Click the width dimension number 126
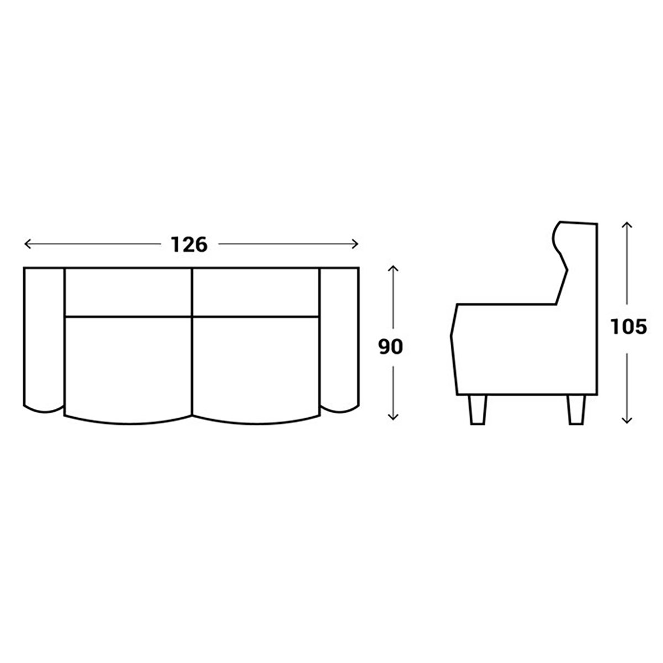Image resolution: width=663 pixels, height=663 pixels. (x=189, y=244)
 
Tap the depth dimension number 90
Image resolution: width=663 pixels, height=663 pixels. (x=391, y=346)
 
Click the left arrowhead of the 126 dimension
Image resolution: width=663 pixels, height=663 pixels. (x=28, y=244)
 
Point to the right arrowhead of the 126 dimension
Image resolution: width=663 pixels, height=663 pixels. (x=355, y=244)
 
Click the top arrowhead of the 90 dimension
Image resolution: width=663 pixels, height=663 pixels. (x=393, y=268)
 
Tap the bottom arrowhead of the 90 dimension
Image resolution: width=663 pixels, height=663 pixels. (x=393, y=417)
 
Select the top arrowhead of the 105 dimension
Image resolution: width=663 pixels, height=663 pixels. (x=627, y=225)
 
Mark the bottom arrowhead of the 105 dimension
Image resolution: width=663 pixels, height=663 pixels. (x=627, y=420)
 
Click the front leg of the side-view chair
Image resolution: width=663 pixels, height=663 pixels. (x=478, y=409)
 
